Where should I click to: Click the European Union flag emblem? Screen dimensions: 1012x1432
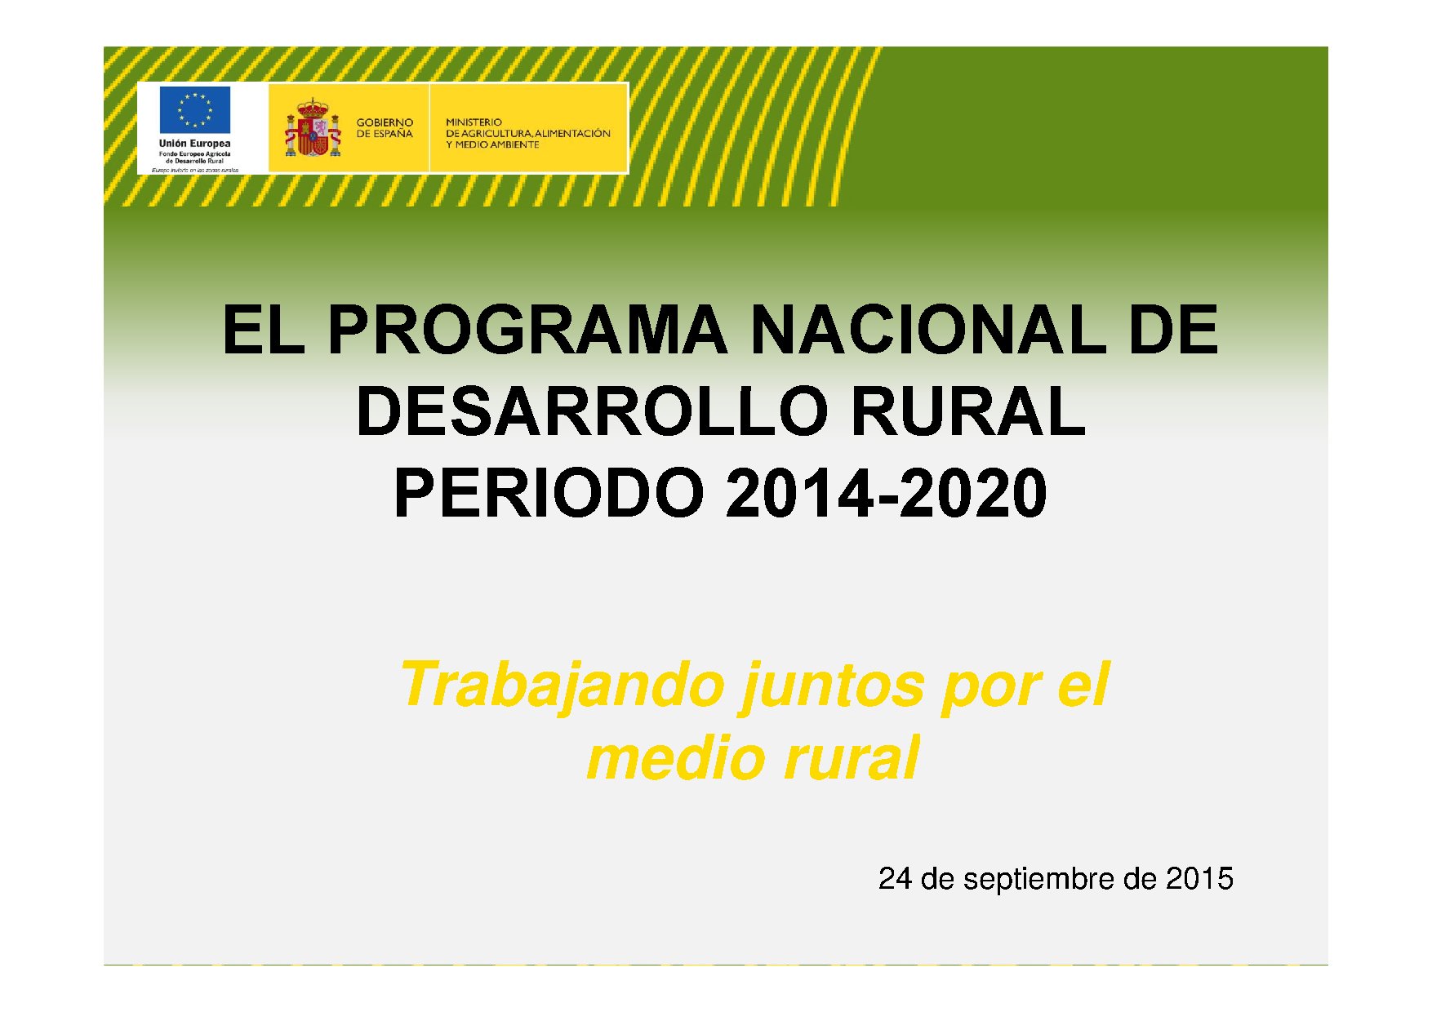coord(194,109)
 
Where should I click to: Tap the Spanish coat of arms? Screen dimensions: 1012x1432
coord(312,129)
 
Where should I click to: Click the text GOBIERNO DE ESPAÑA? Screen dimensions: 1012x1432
coord(385,128)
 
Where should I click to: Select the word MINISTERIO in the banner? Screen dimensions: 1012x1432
coord(474,122)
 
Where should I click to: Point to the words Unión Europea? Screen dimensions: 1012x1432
coord(194,144)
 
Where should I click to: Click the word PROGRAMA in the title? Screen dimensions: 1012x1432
coord(527,331)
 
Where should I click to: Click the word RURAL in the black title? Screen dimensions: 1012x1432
coord(968,412)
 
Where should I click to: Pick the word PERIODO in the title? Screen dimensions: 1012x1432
coord(549,495)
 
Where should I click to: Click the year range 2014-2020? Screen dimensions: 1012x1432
coord(886,495)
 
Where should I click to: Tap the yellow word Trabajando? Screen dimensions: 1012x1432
coord(562,686)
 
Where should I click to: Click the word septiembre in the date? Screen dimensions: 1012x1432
coord(1038,880)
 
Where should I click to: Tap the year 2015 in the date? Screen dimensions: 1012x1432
coord(1199,879)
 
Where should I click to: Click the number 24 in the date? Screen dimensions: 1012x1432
coord(895,879)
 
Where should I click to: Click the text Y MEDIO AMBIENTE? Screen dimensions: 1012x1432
coord(492,145)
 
